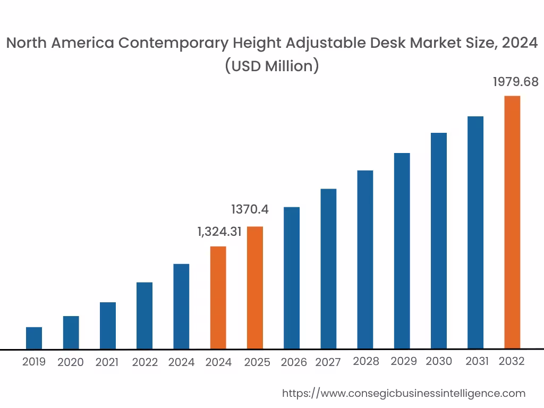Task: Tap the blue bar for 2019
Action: click(x=34, y=338)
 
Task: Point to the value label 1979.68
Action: click(x=515, y=82)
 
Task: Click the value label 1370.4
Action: click(x=250, y=209)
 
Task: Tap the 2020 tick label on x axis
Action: click(x=71, y=362)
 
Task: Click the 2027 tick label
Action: click(x=328, y=362)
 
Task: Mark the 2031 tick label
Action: click(x=477, y=361)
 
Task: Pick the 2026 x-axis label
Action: click(x=294, y=362)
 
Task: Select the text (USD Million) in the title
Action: click(x=271, y=66)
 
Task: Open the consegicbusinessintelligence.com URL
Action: click(x=403, y=394)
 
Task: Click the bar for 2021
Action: click(x=107, y=325)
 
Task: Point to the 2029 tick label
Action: click(x=403, y=361)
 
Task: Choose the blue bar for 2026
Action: click(x=292, y=278)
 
